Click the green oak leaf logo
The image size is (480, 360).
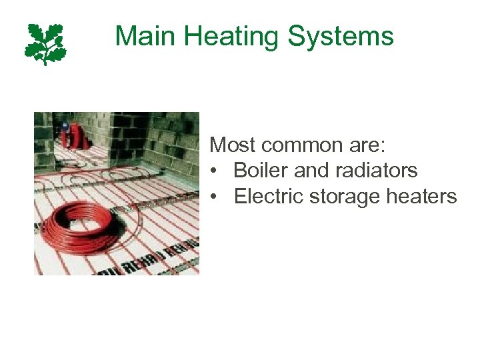46,44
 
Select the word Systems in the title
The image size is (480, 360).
342,36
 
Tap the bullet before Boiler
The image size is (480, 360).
213,171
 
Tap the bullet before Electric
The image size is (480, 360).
213,197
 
